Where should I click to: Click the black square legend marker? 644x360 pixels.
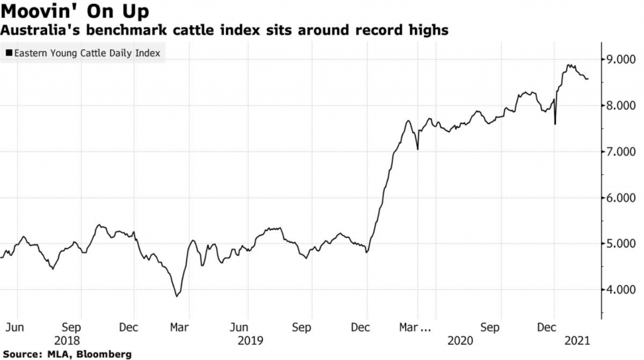coord(8,53)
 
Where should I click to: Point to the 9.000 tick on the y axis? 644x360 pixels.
coord(620,60)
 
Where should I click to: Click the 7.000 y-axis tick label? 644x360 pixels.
coord(620,152)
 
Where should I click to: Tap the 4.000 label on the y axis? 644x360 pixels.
coord(620,290)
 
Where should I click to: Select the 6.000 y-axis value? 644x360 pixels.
coord(620,198)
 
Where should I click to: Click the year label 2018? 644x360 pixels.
coord(67,340)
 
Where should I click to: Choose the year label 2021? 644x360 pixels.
coord(577,340)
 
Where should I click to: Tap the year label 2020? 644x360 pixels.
coord(460,340)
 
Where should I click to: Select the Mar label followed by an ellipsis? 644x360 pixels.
coord(417,328)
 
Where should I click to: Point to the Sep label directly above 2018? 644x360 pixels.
coord(72,328)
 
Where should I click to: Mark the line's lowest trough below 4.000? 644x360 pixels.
coord(177,296)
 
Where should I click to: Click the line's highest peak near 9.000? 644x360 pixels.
coord(569,65)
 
